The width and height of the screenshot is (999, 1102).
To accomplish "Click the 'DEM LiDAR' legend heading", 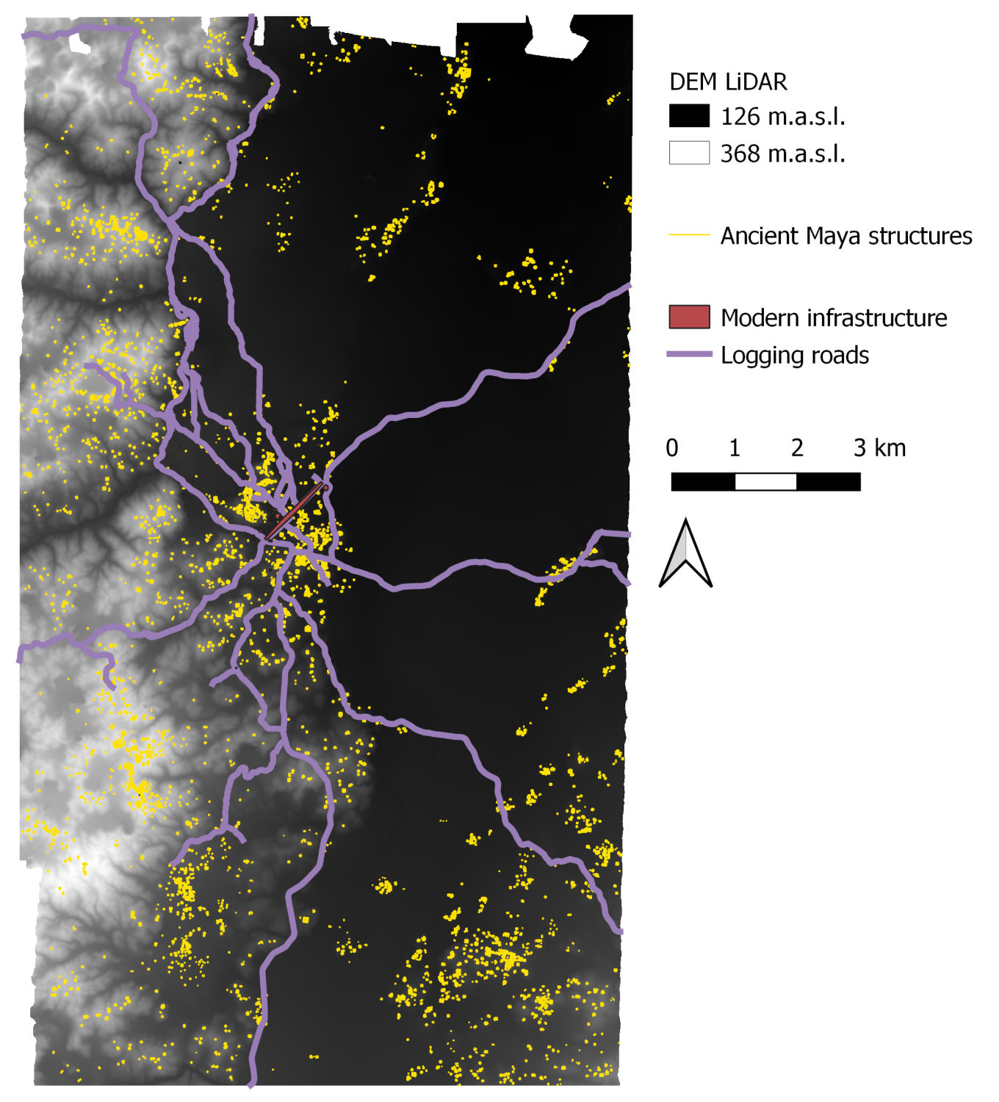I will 728,82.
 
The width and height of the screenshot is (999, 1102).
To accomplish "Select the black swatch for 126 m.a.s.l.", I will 689,116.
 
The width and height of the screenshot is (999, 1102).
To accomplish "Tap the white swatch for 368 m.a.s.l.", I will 689,153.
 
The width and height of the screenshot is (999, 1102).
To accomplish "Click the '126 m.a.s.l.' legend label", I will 783,116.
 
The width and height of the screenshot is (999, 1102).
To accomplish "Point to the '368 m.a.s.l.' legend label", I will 783,154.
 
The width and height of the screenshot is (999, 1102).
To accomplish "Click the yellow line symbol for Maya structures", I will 689,235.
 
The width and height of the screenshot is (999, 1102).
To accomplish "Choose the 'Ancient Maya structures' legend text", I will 846,236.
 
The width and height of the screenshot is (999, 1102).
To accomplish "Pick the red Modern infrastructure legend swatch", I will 689,317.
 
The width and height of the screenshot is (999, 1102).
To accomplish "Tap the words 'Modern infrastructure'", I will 834,317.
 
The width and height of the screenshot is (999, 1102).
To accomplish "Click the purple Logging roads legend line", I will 689,354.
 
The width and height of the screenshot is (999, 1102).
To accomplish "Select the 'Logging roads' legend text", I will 795,355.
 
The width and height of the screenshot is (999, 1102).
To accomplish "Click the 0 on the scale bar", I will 672,447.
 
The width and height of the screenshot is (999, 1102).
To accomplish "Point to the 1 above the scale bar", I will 735,447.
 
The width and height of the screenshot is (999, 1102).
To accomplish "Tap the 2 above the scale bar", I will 798,447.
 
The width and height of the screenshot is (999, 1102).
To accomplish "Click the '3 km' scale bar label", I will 879,447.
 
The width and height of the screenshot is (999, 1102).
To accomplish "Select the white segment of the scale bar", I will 766,482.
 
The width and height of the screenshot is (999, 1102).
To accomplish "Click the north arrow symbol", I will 685,554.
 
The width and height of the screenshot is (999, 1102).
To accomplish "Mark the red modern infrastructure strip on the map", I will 294,511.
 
